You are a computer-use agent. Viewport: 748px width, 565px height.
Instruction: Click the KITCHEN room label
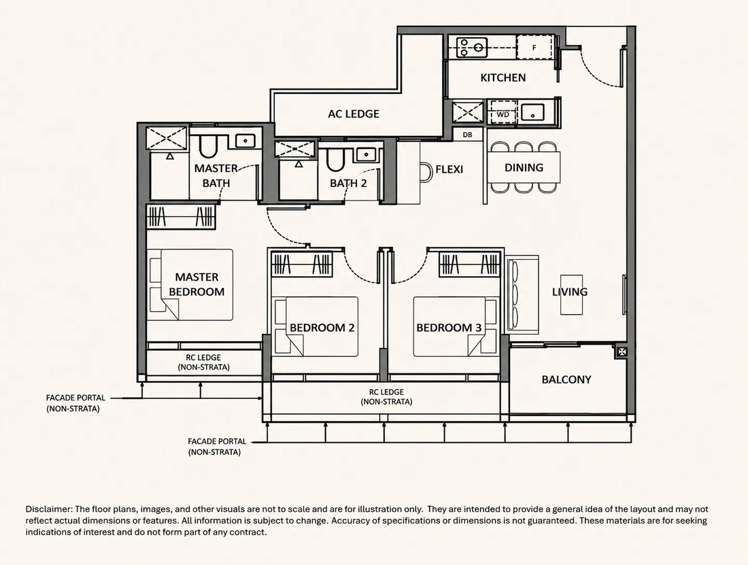tap(503, 78)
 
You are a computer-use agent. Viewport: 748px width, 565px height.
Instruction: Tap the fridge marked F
tap(534, 47)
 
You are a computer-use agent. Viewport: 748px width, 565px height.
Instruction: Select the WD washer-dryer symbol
tap(503, 114)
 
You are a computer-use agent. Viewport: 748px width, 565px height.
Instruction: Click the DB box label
tap(468, 135)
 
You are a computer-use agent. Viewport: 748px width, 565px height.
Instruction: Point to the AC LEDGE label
tap(354, 114)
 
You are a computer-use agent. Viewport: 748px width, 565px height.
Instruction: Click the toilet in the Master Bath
tap(208, 146)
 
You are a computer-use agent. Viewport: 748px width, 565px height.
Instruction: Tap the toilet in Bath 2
tap(335, 159)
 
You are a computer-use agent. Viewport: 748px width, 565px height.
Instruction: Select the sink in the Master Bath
tap(245, 141)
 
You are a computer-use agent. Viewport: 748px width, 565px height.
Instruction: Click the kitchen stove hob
tap(472, 48)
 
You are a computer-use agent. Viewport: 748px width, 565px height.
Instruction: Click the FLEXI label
tap(449, 169)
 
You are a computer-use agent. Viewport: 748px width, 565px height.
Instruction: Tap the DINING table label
tap(524, 167)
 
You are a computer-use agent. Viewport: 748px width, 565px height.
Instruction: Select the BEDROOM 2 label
tap(322, 328)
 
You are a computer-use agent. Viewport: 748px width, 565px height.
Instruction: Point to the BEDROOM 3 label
tap(449, 328)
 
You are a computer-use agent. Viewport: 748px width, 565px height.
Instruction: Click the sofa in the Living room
tap(522, 294)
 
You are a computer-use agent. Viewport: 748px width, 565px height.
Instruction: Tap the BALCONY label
tap(566, 379)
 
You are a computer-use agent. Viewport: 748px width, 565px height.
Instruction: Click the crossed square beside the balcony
tap(622, 352)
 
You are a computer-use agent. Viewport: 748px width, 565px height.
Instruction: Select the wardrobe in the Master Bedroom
tap(182, 216)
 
